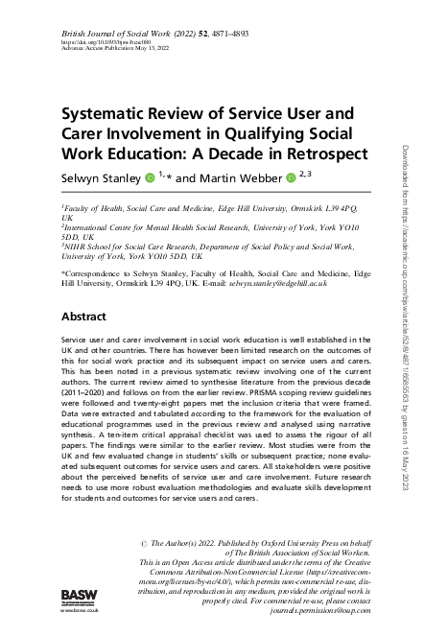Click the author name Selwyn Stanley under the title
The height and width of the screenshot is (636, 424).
tap(101, 178)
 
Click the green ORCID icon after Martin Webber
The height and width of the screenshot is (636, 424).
tap(291, 178)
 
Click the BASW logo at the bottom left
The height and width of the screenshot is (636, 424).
tap(75, 596)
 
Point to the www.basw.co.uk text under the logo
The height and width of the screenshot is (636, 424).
tap(75, 611)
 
